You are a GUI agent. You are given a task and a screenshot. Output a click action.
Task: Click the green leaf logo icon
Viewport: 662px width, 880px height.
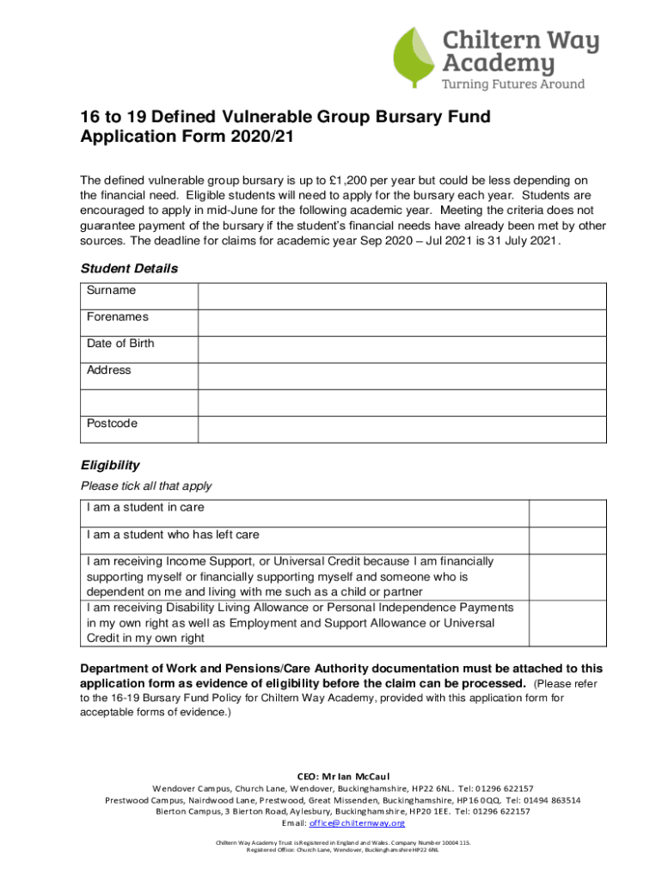[x=415, y=58]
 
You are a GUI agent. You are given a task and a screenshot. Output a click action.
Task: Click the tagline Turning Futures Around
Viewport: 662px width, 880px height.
[x=512, y=84]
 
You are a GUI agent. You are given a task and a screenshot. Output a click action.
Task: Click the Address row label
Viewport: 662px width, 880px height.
[x=109, y=370]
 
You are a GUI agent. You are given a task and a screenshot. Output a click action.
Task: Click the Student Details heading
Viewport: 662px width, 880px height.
[x=129, y=269]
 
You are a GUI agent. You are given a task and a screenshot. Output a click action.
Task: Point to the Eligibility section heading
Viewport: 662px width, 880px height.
[x=110, y=466]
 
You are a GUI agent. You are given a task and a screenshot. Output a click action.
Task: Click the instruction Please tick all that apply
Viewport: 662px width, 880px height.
[x=146, y=486]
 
